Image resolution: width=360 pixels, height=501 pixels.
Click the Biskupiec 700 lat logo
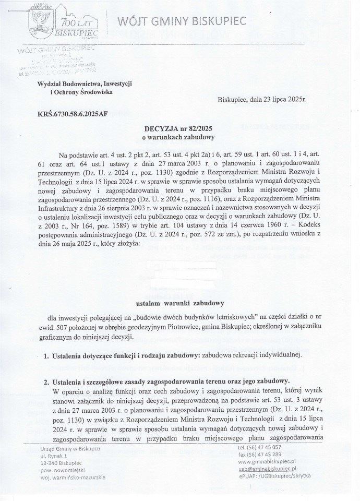(61, 19)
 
